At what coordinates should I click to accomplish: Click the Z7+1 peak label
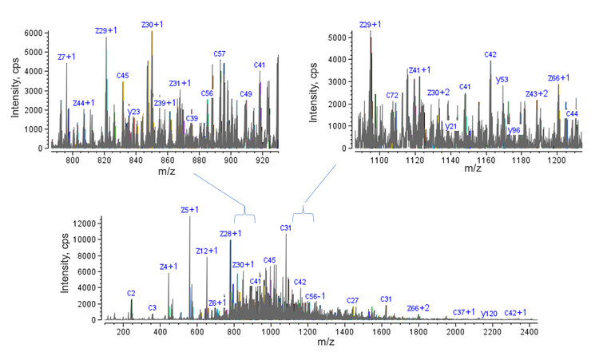point(66,57)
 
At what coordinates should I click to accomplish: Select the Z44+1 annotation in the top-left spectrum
point(83,103)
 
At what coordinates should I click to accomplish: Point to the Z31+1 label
point(180,83)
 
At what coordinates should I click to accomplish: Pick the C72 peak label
point(392,95)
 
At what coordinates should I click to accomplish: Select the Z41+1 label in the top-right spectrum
point(419,70)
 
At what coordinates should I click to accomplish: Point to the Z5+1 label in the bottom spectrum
point(189,210)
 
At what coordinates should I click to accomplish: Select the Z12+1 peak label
point(207,251)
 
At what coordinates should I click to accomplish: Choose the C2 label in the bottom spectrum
point(131,294)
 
